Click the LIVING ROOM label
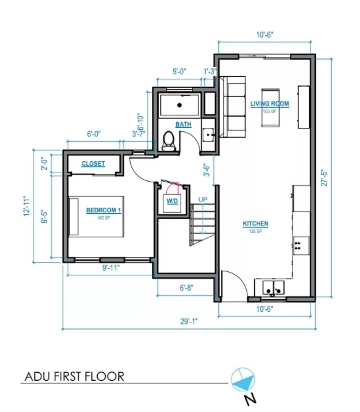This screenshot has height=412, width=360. [x=270, y=103]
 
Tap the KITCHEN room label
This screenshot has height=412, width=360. [x=255, y=224]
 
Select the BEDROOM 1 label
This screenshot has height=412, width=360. [x=103, y=210]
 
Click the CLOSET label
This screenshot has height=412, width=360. [x=93, y=164]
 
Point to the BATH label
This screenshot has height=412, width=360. [x=183, y=125]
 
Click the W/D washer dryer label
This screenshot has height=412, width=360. [x=172, y=201]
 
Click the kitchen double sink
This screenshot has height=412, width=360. [x=274, y=288]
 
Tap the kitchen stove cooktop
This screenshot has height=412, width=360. [x=301, y=246]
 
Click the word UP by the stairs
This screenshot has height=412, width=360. [x=203, y=200]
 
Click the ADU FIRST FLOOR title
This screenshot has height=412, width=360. [x=74, y=377]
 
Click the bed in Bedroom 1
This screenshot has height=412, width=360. [x=96, y=216]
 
